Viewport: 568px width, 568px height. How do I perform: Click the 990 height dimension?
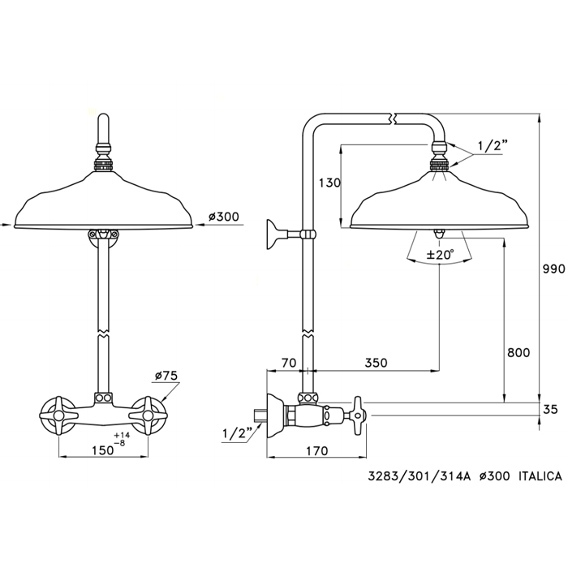pyautogui.click(x=554, y=269)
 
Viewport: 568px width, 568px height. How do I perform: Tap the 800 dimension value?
pyautogui.click(x=519, y=352)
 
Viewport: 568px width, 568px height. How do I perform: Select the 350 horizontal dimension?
pyautogui.click(x=376, y=363)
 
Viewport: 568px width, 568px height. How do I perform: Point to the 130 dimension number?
pyautogui.click(x=329, y=183)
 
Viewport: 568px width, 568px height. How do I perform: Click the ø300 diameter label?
pyautogui.click(x=224, y=217)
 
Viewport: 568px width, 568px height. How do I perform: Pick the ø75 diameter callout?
pyautogui.click(x=166, y=376)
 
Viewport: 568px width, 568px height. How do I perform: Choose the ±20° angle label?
pyautogui.click(x=440, y=255)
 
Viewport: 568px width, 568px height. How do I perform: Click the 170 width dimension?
pyautogui.click(x=317, y=451)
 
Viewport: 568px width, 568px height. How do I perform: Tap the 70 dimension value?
pyautogui.click(x=289, y=363)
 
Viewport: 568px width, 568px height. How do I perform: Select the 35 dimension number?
pyautogui.click(x=550, y=409)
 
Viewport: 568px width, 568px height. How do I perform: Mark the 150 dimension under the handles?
pyautogui.click(x=102, y=450)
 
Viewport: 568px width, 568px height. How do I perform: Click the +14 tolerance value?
pyautogui.click(x=122, y=435)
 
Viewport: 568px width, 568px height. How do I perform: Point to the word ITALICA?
pyautogui.click(x=540, y=476)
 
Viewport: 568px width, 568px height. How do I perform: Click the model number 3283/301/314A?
pyautogui.click(x=420, y=476)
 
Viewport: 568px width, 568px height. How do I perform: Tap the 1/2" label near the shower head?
pyautogui.click(x=491, y=146)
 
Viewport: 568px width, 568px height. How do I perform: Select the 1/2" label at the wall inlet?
pyautogui.click(x=237, y=433)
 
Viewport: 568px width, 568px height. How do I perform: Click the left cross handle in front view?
pyautogui.click(x=58, y=415)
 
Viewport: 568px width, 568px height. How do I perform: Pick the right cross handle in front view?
pyautogui.click(x=148, y=415)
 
